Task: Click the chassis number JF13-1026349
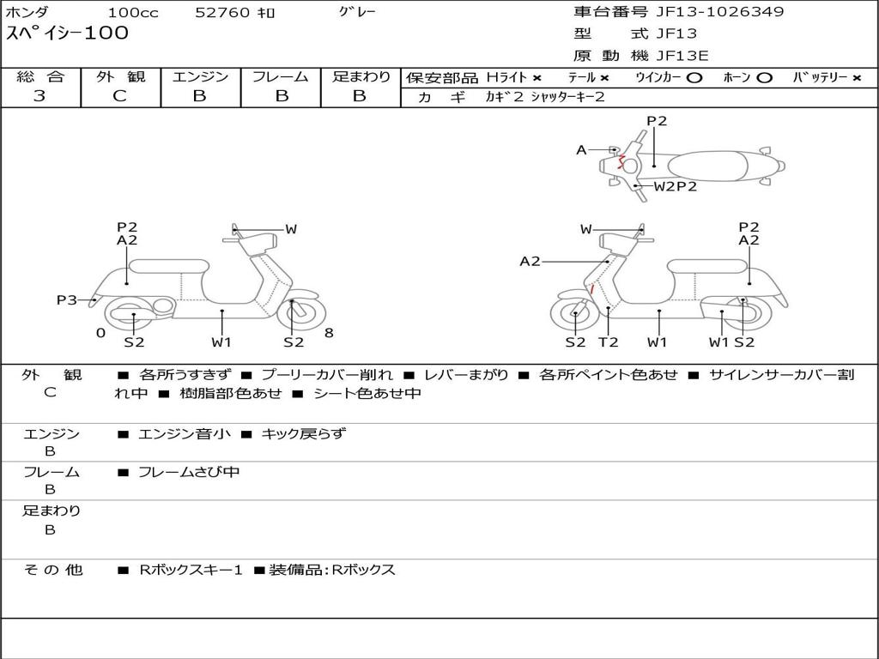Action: tap(720, 11)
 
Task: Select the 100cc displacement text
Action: tap(133, 12)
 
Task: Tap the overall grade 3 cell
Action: tap(39, 95)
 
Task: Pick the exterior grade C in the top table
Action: tap(119, 95)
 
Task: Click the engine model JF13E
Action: tap(682, 56)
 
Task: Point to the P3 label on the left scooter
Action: tap(67, 299)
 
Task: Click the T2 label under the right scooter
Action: tap(609, 342)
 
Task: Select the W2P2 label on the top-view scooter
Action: tap(675, 186)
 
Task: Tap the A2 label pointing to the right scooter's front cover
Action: tap(530, 261)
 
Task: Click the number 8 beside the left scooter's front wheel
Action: tap(329, 333)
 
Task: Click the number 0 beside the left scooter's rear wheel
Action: tap(100, 333)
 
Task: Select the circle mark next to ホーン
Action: tap(764, 78)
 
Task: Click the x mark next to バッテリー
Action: tap(857, 78)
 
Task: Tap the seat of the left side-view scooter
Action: tap(169, 266)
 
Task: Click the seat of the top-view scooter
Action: tap(707, 166)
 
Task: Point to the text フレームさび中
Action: tap(189, 473)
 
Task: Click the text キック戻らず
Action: tap(303, 433)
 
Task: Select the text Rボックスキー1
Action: tap(191, 570)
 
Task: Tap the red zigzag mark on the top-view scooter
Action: tap(621, 163)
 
